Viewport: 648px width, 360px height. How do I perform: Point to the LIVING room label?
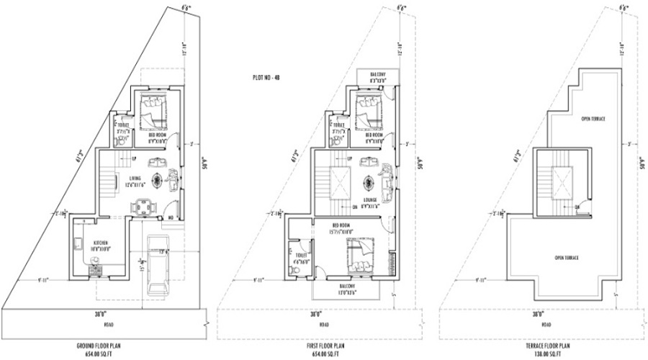tap(135, 179)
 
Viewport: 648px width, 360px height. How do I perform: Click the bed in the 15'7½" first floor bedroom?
tap(359, 256)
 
